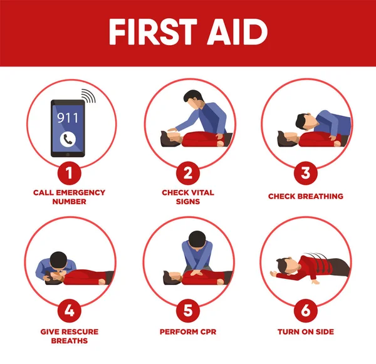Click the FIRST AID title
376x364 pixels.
pyautogui.click(x=188, y=32)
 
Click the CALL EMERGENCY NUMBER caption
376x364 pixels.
pyautogui.click(x=70, y=197)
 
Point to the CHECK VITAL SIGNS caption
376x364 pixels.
pyautogui.click(x=188, y=197)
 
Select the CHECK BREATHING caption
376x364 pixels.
pyautogui.click(x=305, y=196)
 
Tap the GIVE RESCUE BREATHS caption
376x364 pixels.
pyautogui.click(x=70, y=336)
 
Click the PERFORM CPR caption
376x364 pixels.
pyautogui.click(x=188, y=331)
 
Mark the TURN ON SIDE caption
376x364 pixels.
pyautogui.click(x=305, y=331)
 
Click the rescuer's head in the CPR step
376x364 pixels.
pyautogui.click(x=196, y=239)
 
